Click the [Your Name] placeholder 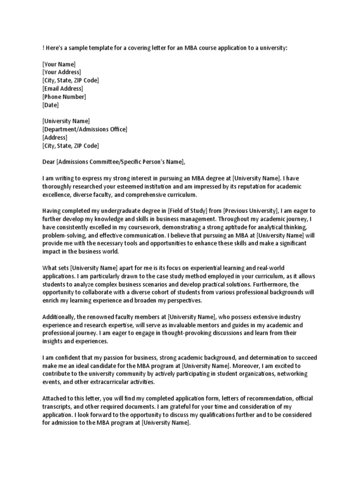pyautogui.click(x=59, y=64)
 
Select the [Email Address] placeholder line pyautogui.click(x=62, y=89)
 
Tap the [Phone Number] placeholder pyautogui.click(x=64, y=97)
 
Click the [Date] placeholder pyautogui.click(x=51, y=105)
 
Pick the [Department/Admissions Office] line pyautogui.click(x=84, y=129)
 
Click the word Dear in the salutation pyautogui.click(x=49, y=162)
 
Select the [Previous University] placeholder pyautogui.click(x=251, y=211)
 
